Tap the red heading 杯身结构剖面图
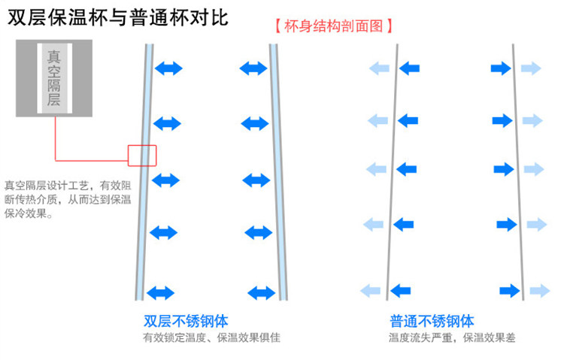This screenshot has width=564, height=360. [x=333, y=26]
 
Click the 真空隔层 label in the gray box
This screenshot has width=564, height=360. [x=54, y=78]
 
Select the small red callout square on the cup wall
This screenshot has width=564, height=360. [x=142, y=156]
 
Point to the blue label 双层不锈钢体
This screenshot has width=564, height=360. [x=186, y=321]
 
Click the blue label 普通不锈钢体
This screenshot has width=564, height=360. [x=432, y=321]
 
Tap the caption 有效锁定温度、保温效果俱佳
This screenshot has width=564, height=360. [x=211, y=337]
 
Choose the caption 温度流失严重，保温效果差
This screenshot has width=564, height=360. [x=452, y=337]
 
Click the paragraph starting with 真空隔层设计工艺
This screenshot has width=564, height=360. [x=68, y=200]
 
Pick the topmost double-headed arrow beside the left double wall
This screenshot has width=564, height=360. [x=168, y=68]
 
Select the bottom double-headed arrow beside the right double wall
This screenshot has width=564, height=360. [x=262, y=293]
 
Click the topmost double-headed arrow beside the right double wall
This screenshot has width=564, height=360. [x=253, y=68]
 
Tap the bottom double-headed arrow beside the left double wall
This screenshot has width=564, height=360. [x=160, y=293]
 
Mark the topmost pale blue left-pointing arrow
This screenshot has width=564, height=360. [x=380, y=68]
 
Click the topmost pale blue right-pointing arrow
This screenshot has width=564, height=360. [x=531, y=68]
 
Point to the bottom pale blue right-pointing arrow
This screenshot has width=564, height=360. [x=540, y=291]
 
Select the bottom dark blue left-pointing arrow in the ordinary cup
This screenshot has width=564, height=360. [x=400, y=291]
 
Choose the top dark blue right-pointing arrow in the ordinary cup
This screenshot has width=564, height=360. [x=501, y=68]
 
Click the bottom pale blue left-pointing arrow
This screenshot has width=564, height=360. [x=371, y=291]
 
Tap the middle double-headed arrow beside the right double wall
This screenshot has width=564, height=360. [x=256, y=180]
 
